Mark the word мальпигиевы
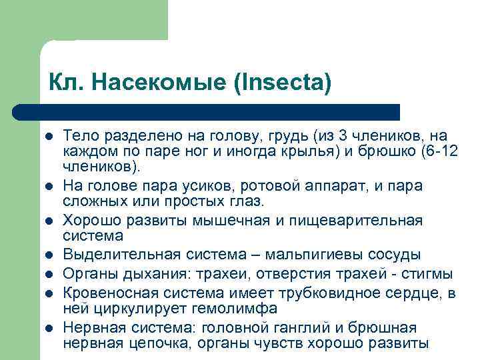[310, 255]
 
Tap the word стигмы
[430, 273]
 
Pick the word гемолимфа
[213, 308]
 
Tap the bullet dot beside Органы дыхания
[48, 274]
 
